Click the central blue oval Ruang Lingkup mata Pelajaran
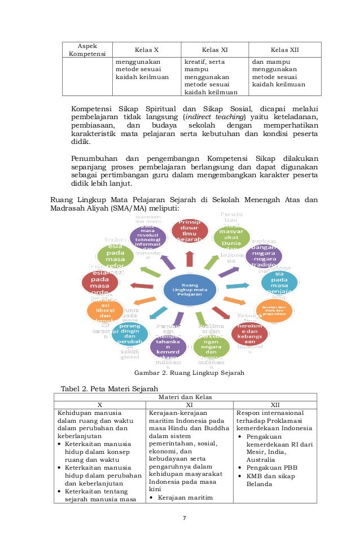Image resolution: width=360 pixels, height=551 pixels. [x=190, y=290]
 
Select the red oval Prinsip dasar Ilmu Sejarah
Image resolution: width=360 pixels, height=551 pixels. [x=190, y=231]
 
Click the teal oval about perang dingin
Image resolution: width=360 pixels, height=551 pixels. [x=130, y=334]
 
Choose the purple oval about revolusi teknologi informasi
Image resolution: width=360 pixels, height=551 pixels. [x=148, y=239]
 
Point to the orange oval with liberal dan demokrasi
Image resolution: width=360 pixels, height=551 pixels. [x=105, y=310]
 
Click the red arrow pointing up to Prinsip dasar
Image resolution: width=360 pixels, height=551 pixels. [x=190, y=259]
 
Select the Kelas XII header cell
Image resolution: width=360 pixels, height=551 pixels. [x=285, y=50]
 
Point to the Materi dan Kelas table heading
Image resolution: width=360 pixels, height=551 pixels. [x=186, y=397]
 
